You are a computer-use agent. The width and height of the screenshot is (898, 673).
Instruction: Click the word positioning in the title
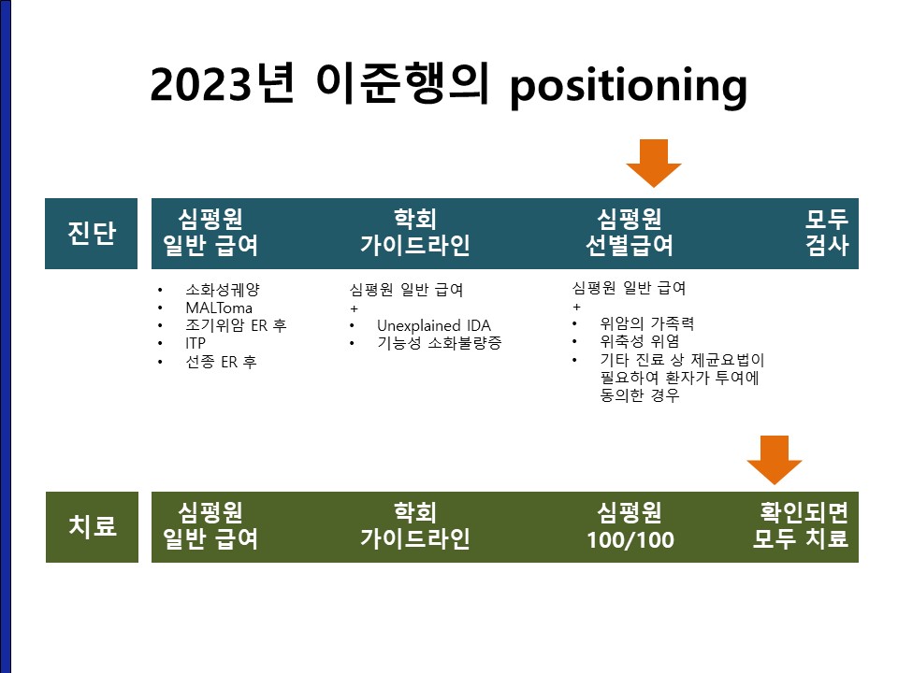629,86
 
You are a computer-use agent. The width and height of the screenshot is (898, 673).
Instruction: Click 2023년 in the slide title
223,83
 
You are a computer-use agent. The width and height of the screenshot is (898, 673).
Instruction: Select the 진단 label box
91,234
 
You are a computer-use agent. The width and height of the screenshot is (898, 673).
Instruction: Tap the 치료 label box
92,526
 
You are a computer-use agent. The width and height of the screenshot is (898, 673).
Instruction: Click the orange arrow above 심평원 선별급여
654,163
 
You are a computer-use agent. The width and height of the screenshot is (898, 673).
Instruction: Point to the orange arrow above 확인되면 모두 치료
775,460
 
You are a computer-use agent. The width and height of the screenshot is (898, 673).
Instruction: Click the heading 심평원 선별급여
630,232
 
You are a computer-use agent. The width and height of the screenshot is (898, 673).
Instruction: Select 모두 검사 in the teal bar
826,232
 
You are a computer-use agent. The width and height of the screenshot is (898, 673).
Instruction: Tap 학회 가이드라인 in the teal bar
415,232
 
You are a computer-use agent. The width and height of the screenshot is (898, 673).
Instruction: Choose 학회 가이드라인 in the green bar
415,525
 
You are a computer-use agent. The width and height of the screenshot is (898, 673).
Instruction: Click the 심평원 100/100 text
630,525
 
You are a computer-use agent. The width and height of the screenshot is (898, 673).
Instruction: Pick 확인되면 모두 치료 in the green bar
800,525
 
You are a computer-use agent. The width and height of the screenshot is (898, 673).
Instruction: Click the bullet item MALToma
219,308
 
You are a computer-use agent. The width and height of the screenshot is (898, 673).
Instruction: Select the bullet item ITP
196,343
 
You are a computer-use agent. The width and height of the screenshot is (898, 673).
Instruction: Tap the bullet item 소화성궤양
223,290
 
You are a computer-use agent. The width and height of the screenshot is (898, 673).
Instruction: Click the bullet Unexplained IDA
433,325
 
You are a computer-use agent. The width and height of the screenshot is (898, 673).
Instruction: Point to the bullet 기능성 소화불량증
440,343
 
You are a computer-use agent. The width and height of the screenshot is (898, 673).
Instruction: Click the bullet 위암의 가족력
647,324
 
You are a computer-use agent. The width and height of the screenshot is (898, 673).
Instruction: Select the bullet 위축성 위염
640,342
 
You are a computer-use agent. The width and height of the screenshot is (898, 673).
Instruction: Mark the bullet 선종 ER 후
221,362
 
